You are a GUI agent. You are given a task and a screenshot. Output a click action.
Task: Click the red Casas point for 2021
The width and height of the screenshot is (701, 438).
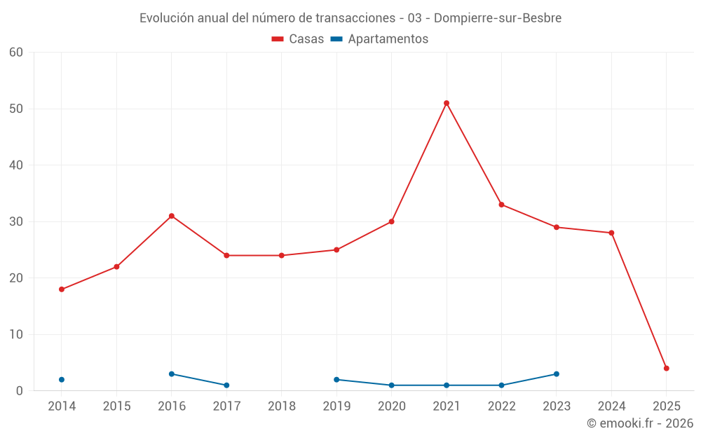click(447, 103)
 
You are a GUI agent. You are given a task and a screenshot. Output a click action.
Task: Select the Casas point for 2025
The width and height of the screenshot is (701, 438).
click(667, 369)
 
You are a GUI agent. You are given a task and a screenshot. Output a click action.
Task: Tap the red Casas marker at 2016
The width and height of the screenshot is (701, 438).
click(172, 216)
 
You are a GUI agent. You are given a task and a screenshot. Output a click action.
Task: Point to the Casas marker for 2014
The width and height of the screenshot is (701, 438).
click(62, 289)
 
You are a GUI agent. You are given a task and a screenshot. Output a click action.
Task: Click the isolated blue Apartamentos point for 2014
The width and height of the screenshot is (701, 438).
click(62, 380)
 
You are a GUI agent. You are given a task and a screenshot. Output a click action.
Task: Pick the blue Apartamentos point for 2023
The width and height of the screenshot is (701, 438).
click(557, 374)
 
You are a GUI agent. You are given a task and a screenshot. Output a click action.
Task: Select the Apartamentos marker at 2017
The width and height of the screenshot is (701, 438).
click(226, 385)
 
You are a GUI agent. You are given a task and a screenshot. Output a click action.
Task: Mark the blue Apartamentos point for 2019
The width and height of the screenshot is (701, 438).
click(336, 380)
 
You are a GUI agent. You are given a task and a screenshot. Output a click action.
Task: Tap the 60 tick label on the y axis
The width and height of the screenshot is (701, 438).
click(16, 53)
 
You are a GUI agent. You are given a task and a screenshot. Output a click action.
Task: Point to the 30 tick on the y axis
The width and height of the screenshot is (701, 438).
click(16, 221)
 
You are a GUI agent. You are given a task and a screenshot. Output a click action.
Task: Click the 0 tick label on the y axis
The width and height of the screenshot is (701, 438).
click(20, 391)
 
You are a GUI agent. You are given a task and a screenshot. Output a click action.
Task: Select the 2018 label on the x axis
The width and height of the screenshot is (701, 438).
click(282, 406)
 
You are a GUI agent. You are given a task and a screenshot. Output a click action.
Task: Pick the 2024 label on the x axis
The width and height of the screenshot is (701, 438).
click(611, 406)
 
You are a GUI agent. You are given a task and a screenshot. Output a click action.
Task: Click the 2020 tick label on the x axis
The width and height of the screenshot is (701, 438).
click(392, 406)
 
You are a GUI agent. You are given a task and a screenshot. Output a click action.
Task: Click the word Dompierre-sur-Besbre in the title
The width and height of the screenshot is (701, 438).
click(498, 18)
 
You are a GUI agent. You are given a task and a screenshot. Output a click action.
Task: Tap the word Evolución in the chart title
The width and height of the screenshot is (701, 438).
click(166, 18)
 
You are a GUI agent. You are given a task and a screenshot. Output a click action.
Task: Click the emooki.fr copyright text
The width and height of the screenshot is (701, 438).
click(640, 423)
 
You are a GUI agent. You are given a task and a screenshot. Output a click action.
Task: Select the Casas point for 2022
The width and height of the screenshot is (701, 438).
click(501, 205)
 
